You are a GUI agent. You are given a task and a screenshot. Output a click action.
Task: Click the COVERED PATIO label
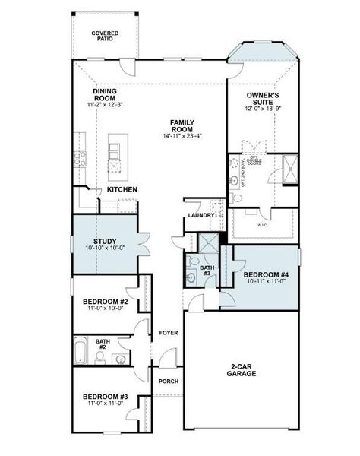[105, 36]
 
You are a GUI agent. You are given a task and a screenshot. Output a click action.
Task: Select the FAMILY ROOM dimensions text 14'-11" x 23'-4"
[182, 136]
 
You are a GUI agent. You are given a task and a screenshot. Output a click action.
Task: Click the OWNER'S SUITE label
[264, 99]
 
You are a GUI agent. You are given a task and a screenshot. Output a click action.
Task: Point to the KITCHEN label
[122, 189]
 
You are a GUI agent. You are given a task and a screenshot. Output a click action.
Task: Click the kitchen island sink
[115, 166]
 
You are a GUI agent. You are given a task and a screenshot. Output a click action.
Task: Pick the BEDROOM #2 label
[105, 302]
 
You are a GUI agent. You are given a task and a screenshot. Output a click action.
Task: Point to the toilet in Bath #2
[120, 358]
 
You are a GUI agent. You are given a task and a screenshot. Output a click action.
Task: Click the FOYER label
[167, 333]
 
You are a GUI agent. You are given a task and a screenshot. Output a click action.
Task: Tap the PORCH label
[167, 382]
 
